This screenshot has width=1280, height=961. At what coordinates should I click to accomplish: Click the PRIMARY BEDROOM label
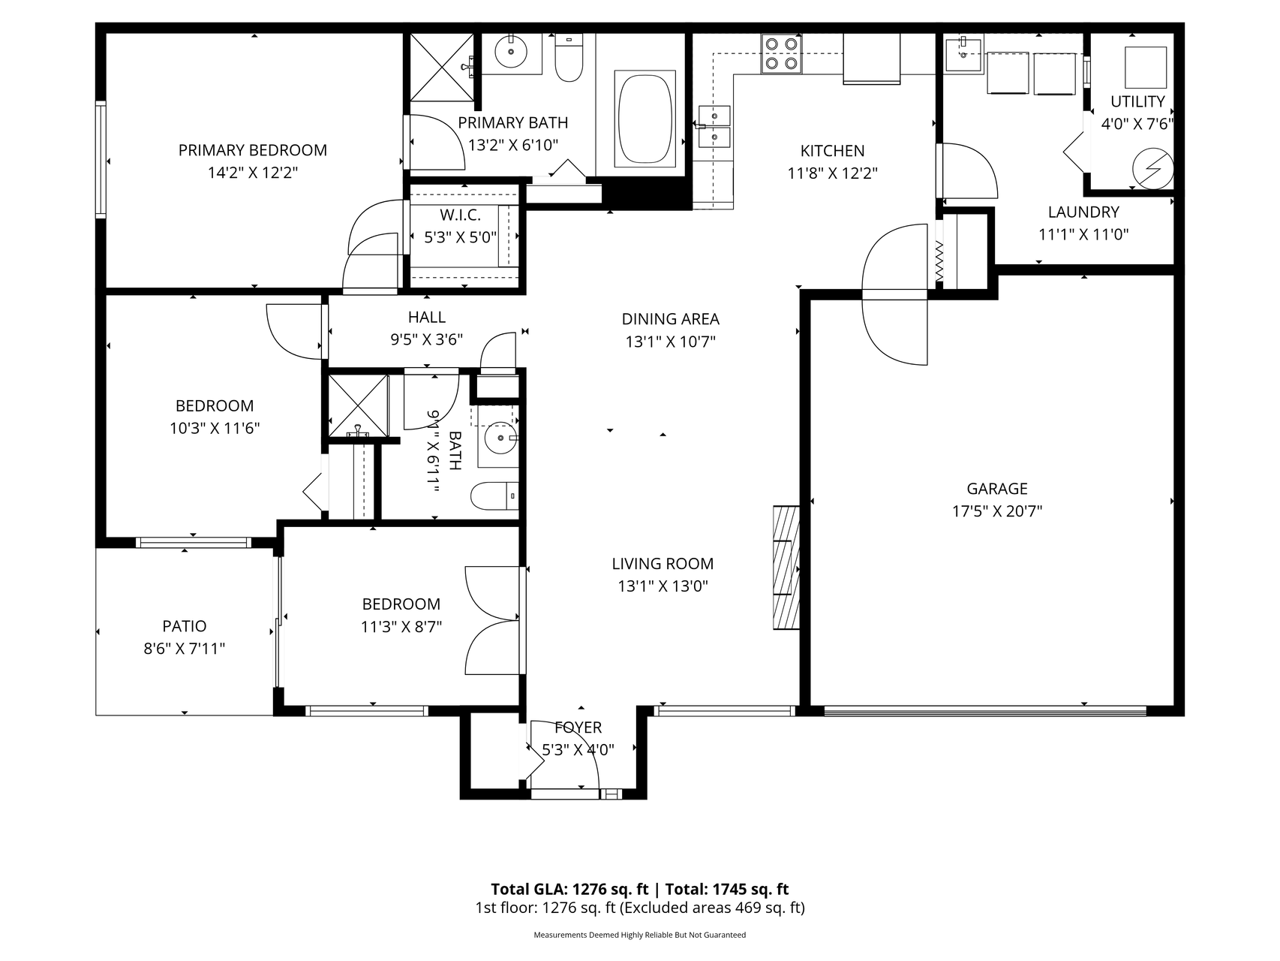253,150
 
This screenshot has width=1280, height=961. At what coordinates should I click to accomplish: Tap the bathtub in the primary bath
645,119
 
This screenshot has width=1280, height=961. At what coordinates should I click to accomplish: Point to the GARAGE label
997,489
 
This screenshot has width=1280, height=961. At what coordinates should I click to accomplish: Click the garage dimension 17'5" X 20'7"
997,512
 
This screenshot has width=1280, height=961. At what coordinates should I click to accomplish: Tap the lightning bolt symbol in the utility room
1152,170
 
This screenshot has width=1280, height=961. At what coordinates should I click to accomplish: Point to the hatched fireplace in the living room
786,567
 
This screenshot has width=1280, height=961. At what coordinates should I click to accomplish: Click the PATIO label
185,626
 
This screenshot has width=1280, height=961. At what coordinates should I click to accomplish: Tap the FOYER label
578,728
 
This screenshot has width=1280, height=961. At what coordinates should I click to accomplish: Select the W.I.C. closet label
461,215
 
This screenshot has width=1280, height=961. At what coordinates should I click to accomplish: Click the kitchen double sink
714,128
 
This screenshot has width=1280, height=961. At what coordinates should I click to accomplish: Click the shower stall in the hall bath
359,405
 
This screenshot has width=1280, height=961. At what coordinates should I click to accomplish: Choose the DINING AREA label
671,319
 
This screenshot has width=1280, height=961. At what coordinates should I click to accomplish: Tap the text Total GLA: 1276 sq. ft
569,890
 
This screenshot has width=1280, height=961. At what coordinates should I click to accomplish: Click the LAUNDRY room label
1083,212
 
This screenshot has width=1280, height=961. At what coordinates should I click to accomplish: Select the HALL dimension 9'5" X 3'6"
426,339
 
